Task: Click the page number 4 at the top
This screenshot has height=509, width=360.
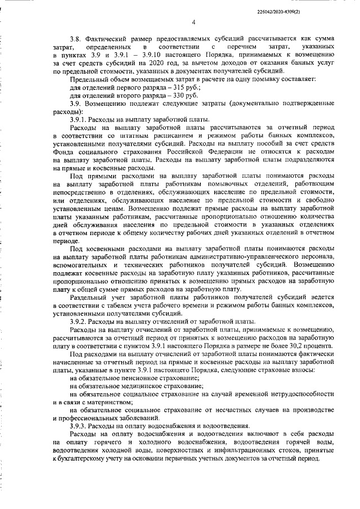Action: [193, 22]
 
